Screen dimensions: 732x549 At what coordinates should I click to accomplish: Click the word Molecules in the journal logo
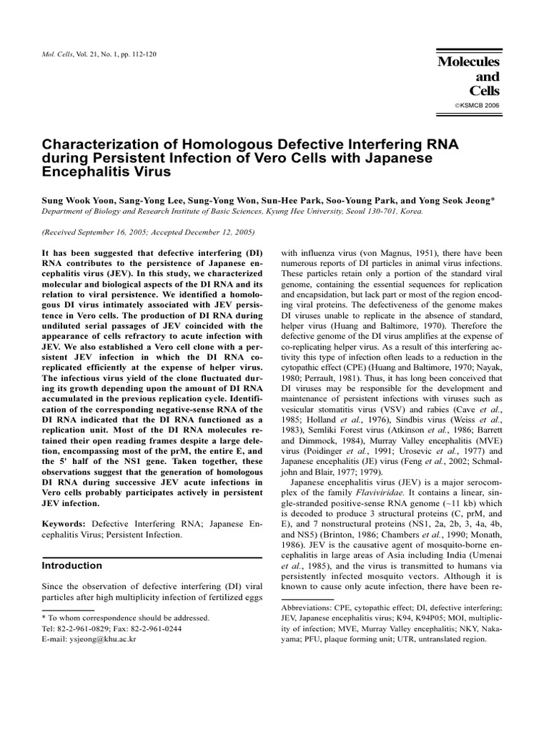469,63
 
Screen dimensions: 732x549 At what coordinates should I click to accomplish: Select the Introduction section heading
72,565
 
